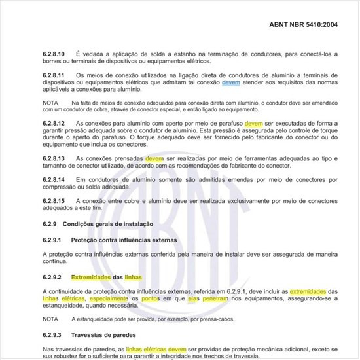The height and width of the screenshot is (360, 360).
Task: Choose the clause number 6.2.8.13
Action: pyautogui.click(x=56, y=158)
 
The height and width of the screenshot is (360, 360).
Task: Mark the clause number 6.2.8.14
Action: pyautogui.click(x=56, y=179)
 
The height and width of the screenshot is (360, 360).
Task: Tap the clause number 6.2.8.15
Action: pyautogui.click(x=56, y=200)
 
